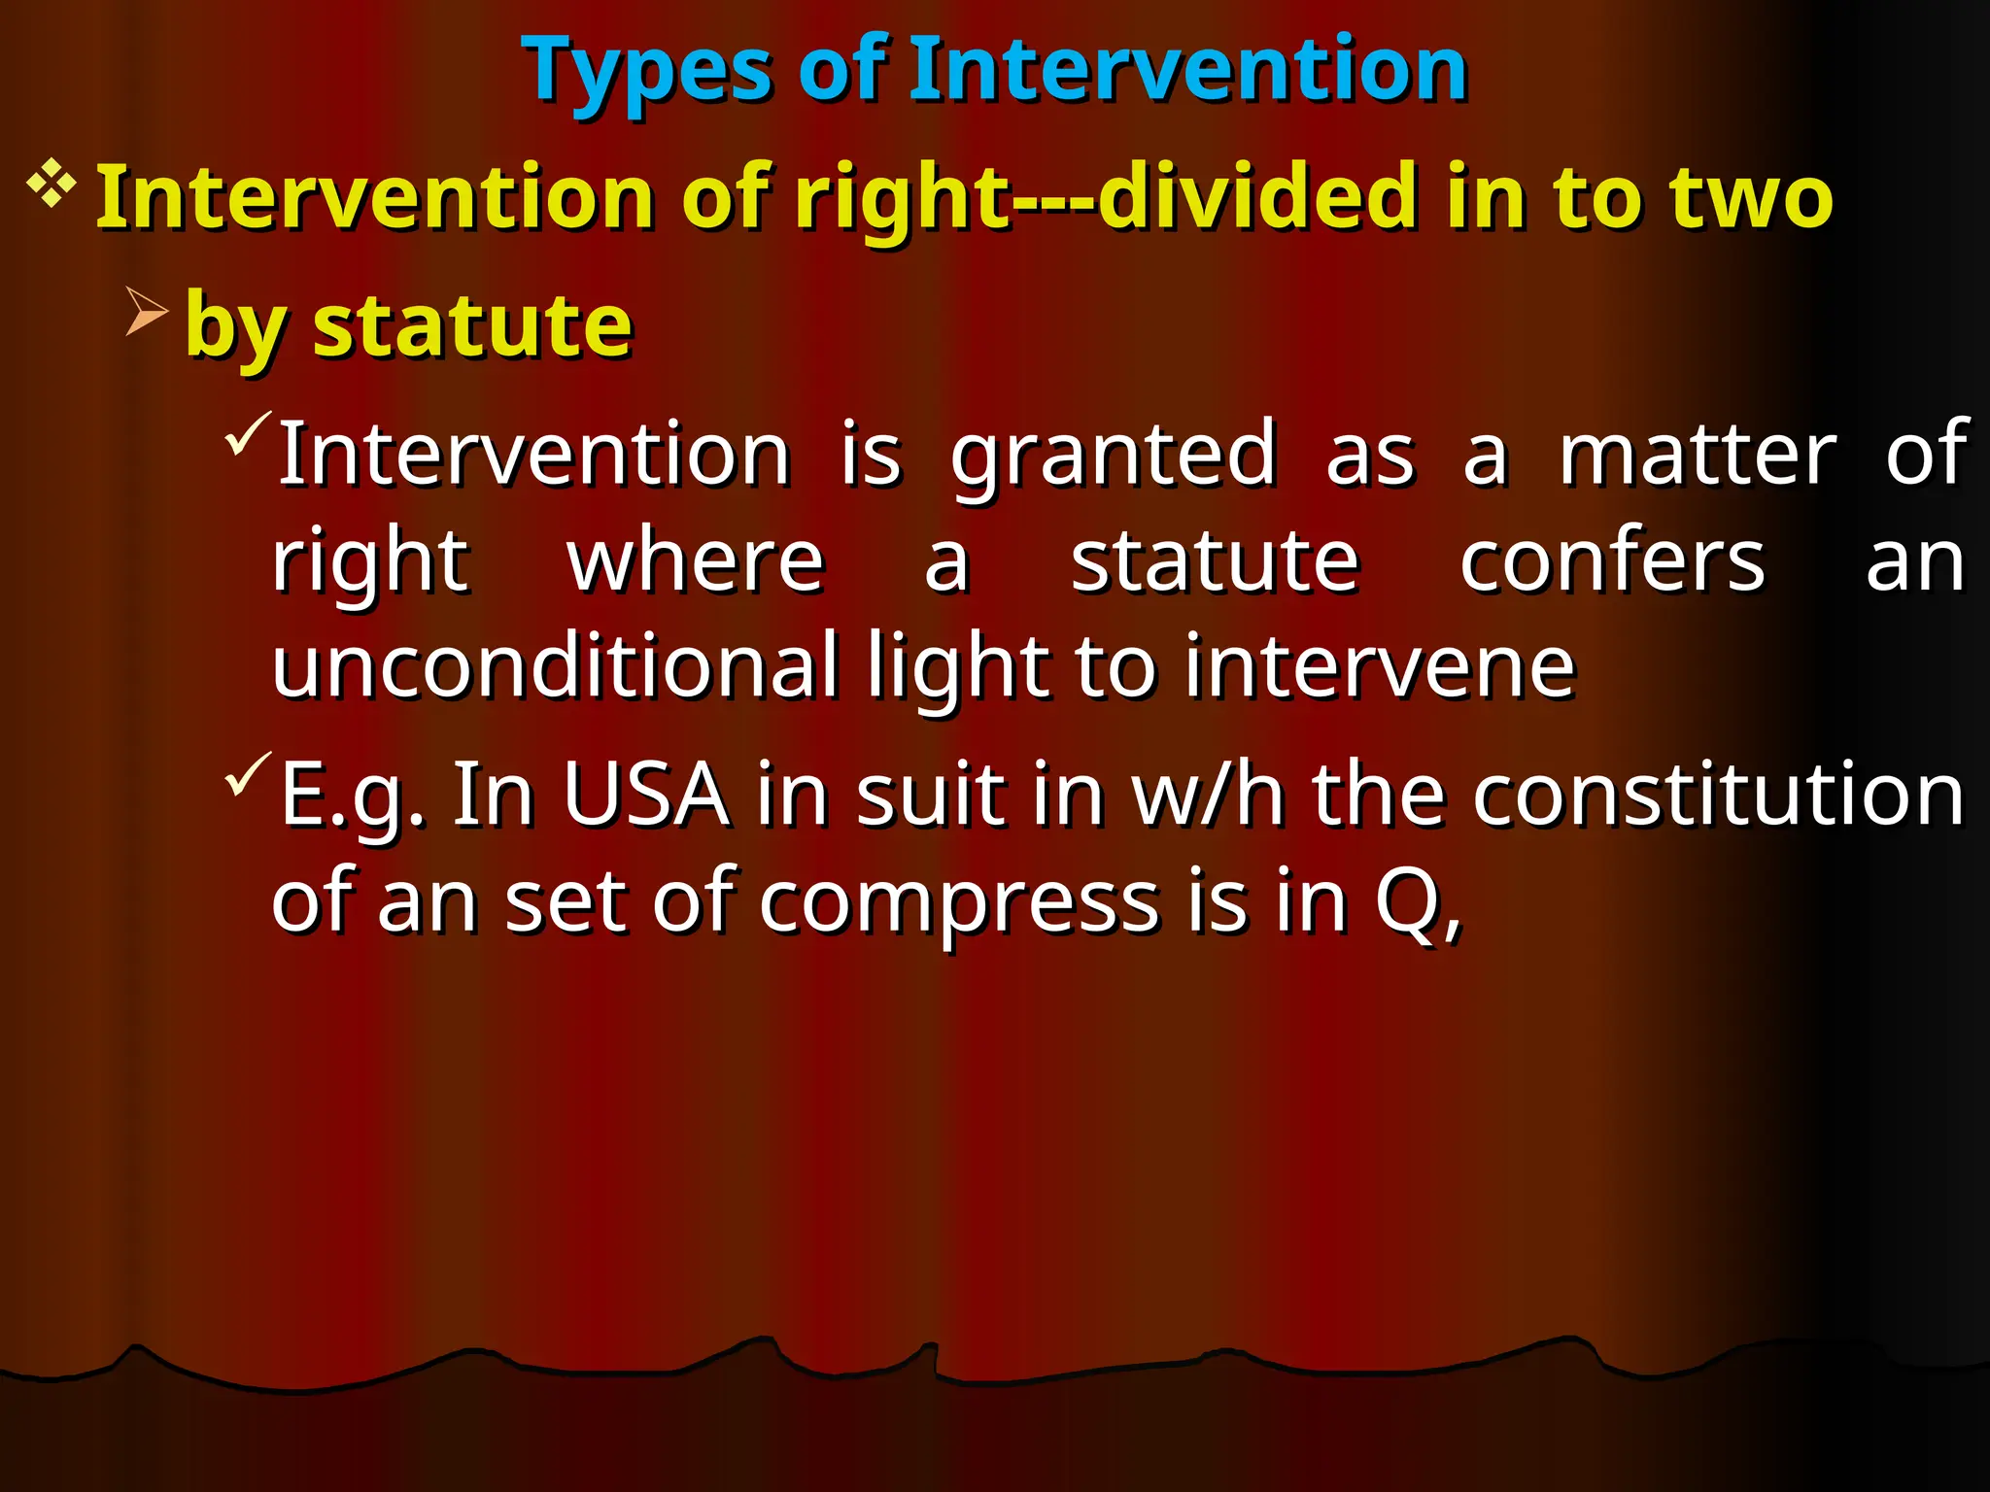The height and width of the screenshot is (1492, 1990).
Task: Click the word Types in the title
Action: click(647, 70)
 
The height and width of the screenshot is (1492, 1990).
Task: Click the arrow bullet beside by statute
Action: click(147, 312)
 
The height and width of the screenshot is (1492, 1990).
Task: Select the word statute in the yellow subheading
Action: click(472, 325)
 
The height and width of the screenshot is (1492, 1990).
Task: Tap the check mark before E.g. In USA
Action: click(247, 774)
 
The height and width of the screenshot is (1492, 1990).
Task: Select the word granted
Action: click(1113, 455)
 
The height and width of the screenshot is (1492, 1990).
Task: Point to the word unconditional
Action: click(555, 667)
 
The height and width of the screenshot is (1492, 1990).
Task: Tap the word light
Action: click(957, 667)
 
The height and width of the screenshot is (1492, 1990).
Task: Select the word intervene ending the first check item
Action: click(1379, 667)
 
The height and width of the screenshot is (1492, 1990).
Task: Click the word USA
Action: click(646, 796)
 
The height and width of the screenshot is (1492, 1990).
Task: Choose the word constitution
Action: click(1718, 796)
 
